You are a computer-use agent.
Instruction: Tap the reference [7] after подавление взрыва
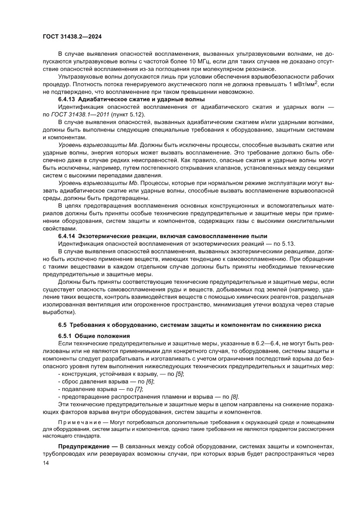(138, 389)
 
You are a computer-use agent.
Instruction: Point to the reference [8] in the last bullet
(234, 397)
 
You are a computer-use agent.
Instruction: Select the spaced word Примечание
(79, 423)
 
